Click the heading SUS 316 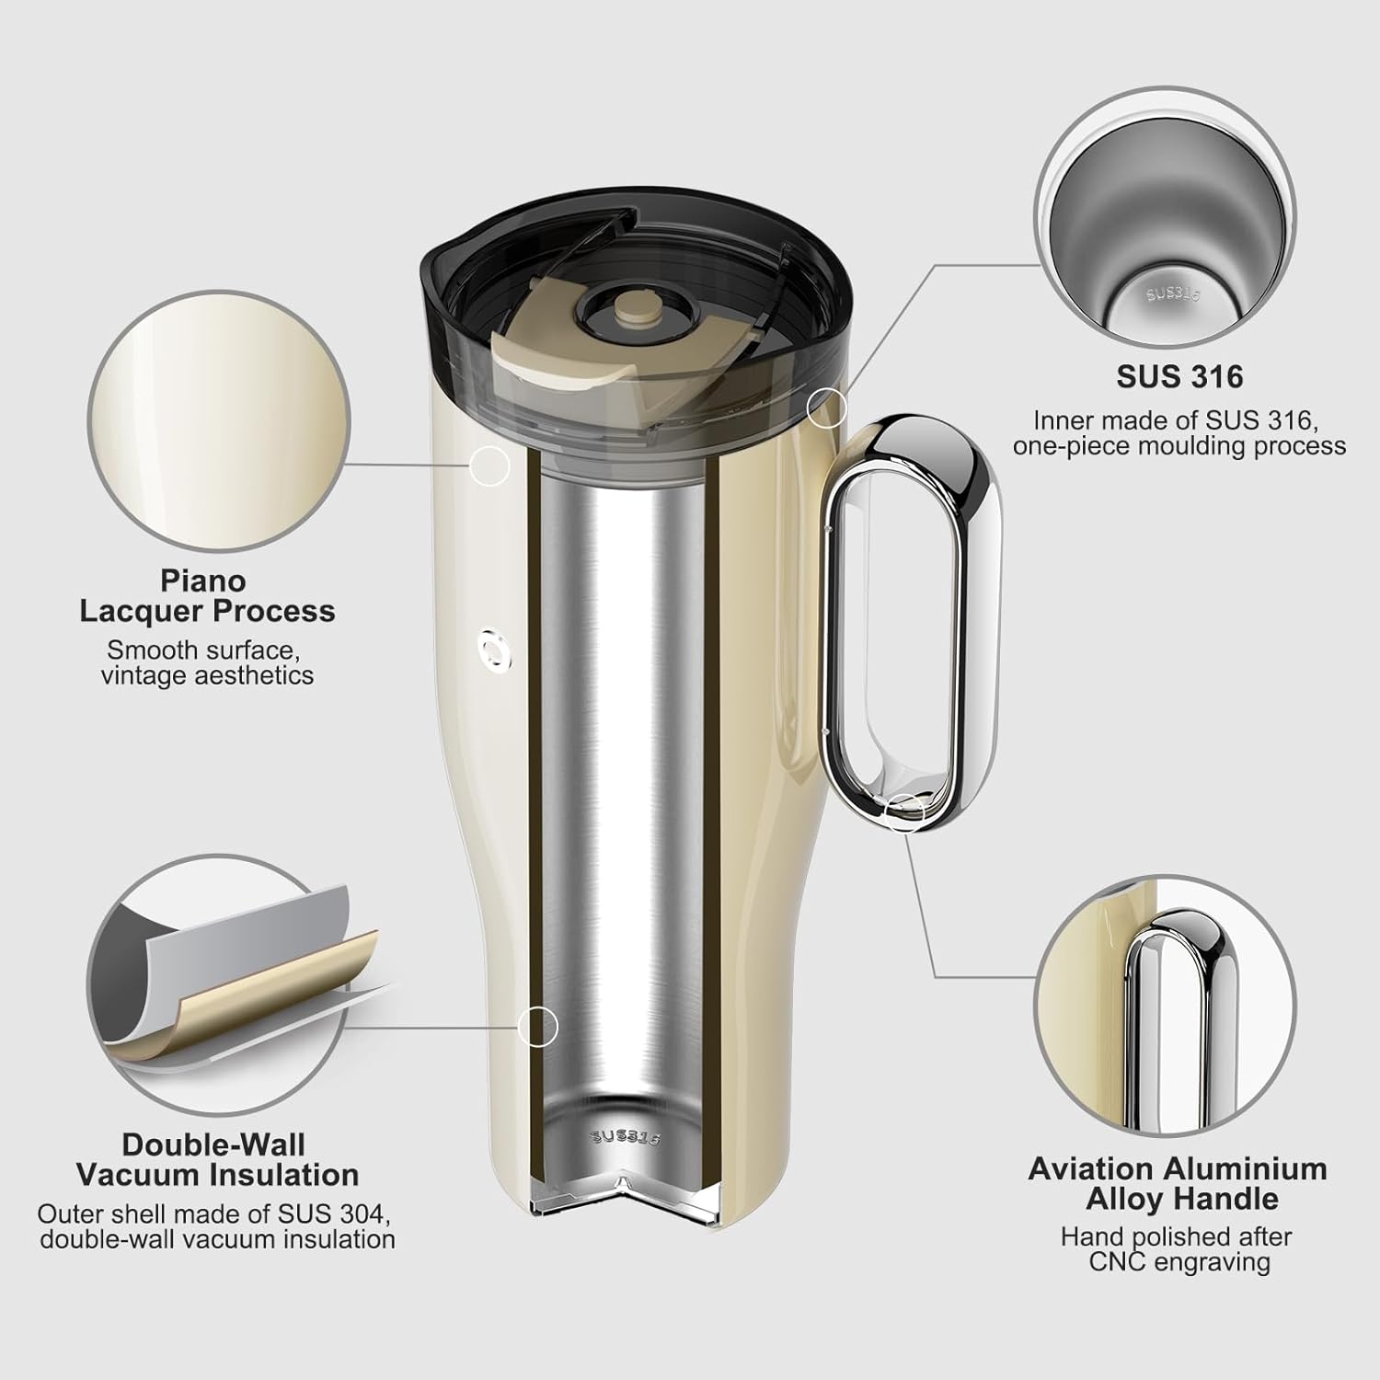point(1179,376)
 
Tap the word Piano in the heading point(203,581)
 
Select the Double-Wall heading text point(213,1144)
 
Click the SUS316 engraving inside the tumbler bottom point(626,1136)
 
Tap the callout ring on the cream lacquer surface point(490,466)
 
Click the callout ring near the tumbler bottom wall point(538,1025)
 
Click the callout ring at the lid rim point(825,405)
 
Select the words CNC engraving point(1179,1261)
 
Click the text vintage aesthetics point(207,675)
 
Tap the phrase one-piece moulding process point(1179,446)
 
